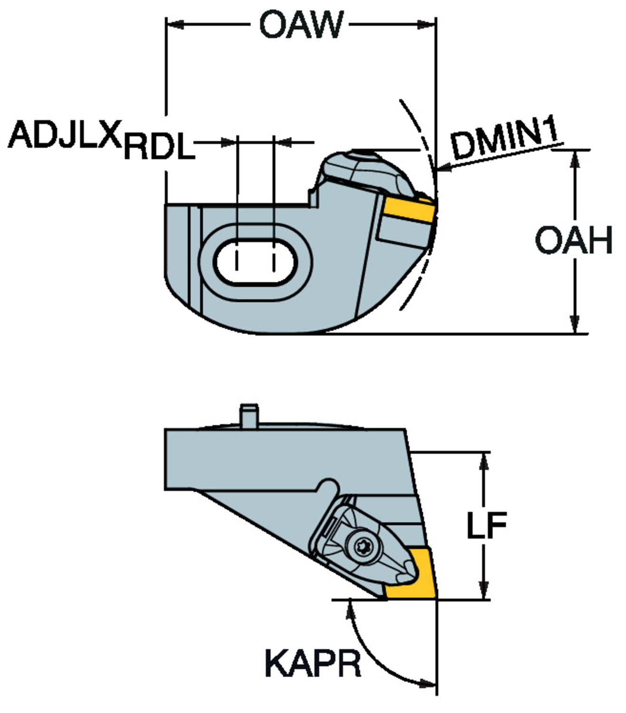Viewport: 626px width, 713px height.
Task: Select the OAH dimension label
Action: tap(574, 240)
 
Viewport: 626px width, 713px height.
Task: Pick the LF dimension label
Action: tap(486, 525)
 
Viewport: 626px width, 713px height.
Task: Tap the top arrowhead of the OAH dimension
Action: tap(575, 159)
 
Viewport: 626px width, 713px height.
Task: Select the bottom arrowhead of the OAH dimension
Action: tap(575, 326)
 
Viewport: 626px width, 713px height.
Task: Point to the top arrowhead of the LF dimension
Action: tap(484, 460)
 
